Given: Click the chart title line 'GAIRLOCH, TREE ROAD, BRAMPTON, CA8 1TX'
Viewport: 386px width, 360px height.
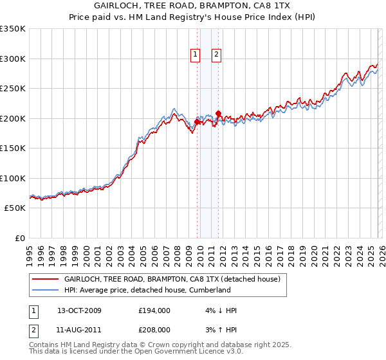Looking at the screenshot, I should click(193, 6).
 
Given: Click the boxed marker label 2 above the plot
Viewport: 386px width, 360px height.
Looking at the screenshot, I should click(216, 55).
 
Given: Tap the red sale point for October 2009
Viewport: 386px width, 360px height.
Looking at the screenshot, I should click(197, 122).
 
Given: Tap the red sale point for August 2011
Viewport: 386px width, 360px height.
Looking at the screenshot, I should click(218, 114).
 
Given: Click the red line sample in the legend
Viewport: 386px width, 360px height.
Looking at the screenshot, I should click(46, 280).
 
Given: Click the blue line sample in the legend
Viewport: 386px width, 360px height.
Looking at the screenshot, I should click(46, 290).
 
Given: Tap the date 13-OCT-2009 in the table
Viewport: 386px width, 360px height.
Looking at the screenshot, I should click(79, 310).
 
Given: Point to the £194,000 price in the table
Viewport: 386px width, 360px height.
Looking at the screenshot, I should click(154, 310).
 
